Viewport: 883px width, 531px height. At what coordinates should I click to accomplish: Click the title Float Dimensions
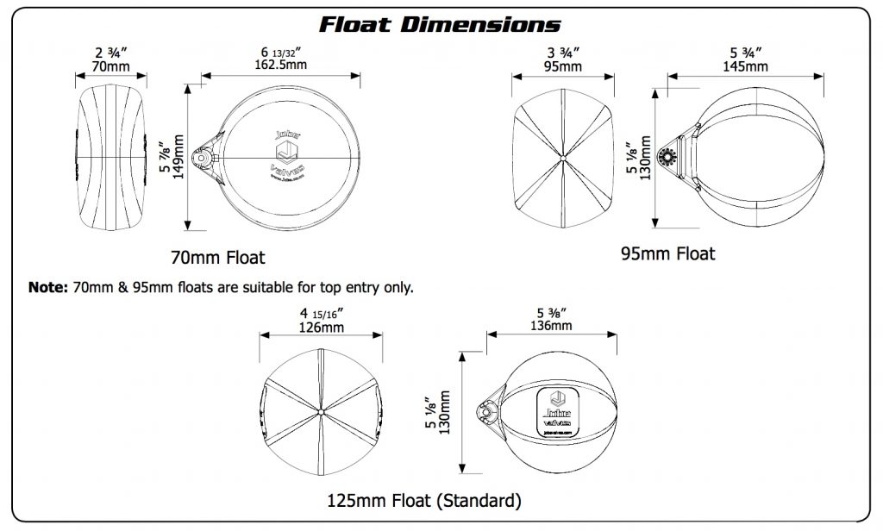[440, 23]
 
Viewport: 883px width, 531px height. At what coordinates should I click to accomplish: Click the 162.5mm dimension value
[280, 66]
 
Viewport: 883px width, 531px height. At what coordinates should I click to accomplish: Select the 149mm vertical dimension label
[178, 155]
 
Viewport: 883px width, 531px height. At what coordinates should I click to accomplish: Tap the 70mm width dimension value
[112, 66]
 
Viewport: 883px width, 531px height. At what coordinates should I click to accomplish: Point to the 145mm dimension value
[746, 66]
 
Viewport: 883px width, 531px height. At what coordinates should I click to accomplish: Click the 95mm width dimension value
[562, 66]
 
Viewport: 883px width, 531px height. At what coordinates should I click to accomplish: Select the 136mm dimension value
[550, 326]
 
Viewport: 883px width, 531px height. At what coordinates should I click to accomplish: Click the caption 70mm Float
[219, 257]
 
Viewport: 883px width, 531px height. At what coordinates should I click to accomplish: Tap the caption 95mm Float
[668, 253]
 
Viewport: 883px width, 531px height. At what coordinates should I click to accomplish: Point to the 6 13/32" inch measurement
[280, 52]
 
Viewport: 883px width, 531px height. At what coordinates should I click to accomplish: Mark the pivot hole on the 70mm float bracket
[201, 159]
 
